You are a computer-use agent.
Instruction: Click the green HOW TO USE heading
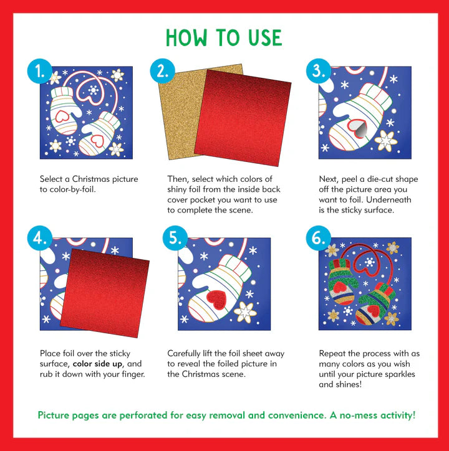click(224, 38)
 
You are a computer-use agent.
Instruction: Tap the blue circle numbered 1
click(40, 72)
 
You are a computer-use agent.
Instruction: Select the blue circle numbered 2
click(162, 72)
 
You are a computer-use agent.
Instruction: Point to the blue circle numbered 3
click(318, 72)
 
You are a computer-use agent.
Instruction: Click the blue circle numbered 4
click(40, 239)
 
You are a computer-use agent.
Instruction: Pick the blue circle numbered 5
click(175, 239)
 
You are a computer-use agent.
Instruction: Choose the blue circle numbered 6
click(318, 239)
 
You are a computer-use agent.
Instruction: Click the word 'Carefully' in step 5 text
click(185, 353)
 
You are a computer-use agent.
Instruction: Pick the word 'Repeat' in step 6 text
click(332, 353)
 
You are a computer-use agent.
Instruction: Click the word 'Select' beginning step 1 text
click(52, 179)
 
